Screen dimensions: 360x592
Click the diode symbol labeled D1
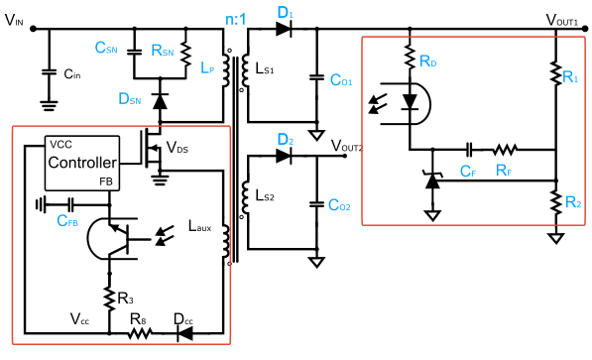click(x=285, y=30)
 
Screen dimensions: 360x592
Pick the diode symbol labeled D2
click(x=285, y=155)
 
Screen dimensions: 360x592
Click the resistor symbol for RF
click(x=506, y=151)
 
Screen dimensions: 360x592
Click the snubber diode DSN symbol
click(x=161, y=98)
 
